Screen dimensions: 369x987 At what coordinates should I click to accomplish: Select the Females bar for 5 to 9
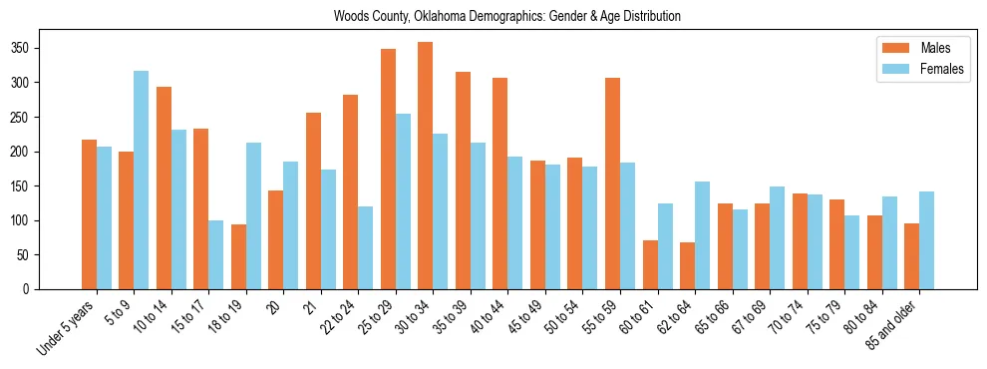click(x=141, y=180)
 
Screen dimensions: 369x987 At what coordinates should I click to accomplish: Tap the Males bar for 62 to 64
click(x=688, y=265)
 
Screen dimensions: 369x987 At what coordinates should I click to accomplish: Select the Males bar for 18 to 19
click(x=238, y=256)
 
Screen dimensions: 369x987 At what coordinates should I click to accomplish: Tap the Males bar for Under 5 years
click(x=89, y=214)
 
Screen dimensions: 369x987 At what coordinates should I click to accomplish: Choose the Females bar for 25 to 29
click(x=403, y=201)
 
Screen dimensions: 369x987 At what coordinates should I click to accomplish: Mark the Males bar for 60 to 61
click(x=650, y=264)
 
